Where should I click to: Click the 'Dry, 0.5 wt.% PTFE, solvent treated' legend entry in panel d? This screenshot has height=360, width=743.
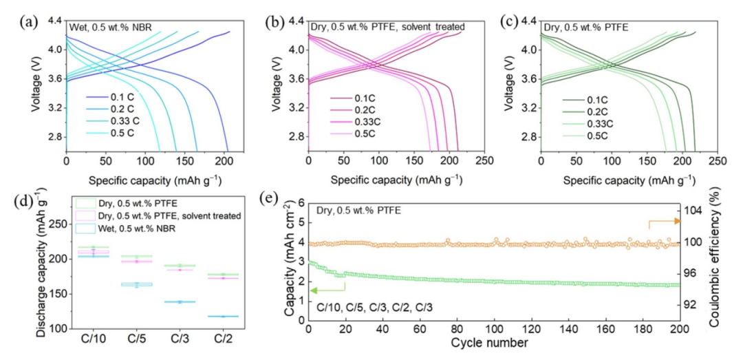point(161,216)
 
